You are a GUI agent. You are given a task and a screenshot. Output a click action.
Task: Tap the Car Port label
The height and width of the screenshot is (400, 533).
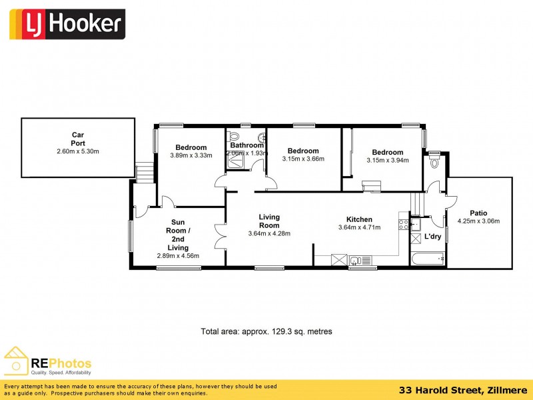pos(78,139)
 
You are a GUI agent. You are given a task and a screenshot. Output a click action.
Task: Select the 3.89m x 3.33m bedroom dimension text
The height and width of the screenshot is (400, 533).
pos(191,156)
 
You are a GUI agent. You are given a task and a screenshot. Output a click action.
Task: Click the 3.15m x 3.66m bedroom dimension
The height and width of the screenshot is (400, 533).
pos(303,159)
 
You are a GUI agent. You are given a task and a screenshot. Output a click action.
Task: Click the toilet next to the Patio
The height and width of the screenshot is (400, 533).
pos(434,161)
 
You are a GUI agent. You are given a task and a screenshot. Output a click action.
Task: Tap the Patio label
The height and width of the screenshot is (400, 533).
pos(478,213)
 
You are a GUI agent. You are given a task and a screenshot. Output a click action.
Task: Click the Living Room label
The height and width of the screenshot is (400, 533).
pos(269,221)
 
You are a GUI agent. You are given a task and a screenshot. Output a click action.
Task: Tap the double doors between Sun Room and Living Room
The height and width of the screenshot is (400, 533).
pos(221,236)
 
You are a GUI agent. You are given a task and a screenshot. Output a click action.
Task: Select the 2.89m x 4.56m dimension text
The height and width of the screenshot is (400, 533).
pos(177,256)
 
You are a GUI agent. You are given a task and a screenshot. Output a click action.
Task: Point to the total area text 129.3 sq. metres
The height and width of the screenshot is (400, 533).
pos(266,331)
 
